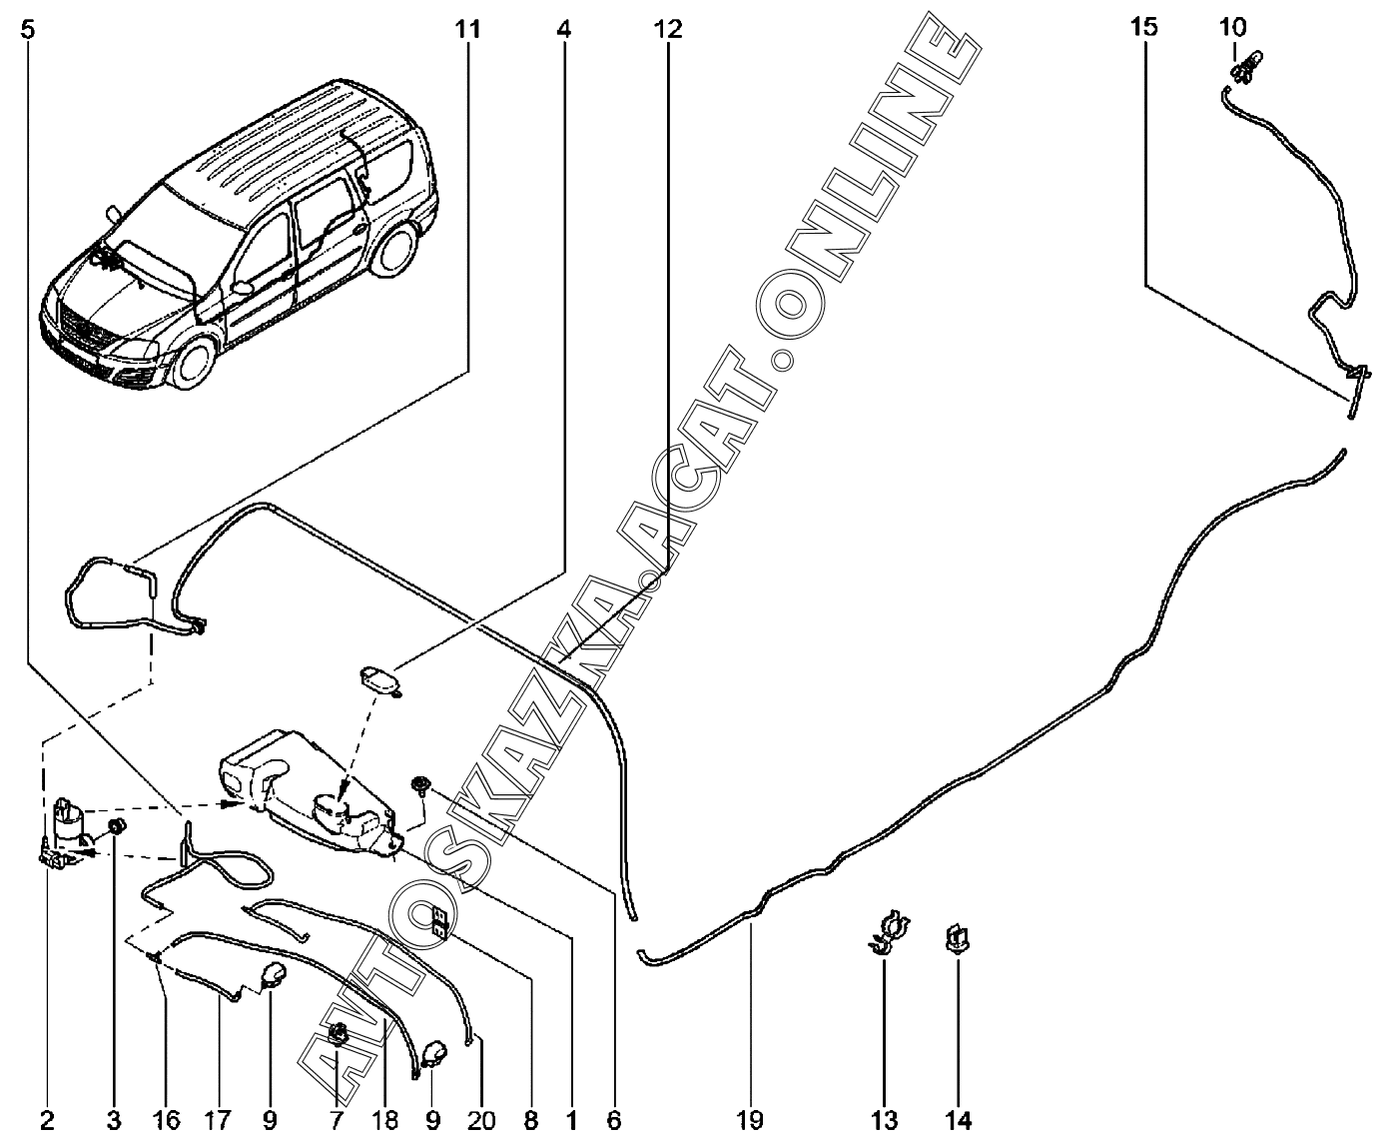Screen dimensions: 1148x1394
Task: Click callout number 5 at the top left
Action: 27,30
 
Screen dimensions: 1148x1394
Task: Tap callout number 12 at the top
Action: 668,30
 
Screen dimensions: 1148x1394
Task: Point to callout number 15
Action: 1144,27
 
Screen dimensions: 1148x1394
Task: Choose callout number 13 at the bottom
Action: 884,1120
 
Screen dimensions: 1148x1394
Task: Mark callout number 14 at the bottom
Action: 958,1120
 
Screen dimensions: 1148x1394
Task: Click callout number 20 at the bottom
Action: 480,1120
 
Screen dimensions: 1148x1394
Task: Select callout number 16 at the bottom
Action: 167,1120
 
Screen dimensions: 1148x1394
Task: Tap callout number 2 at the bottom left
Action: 47,1120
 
